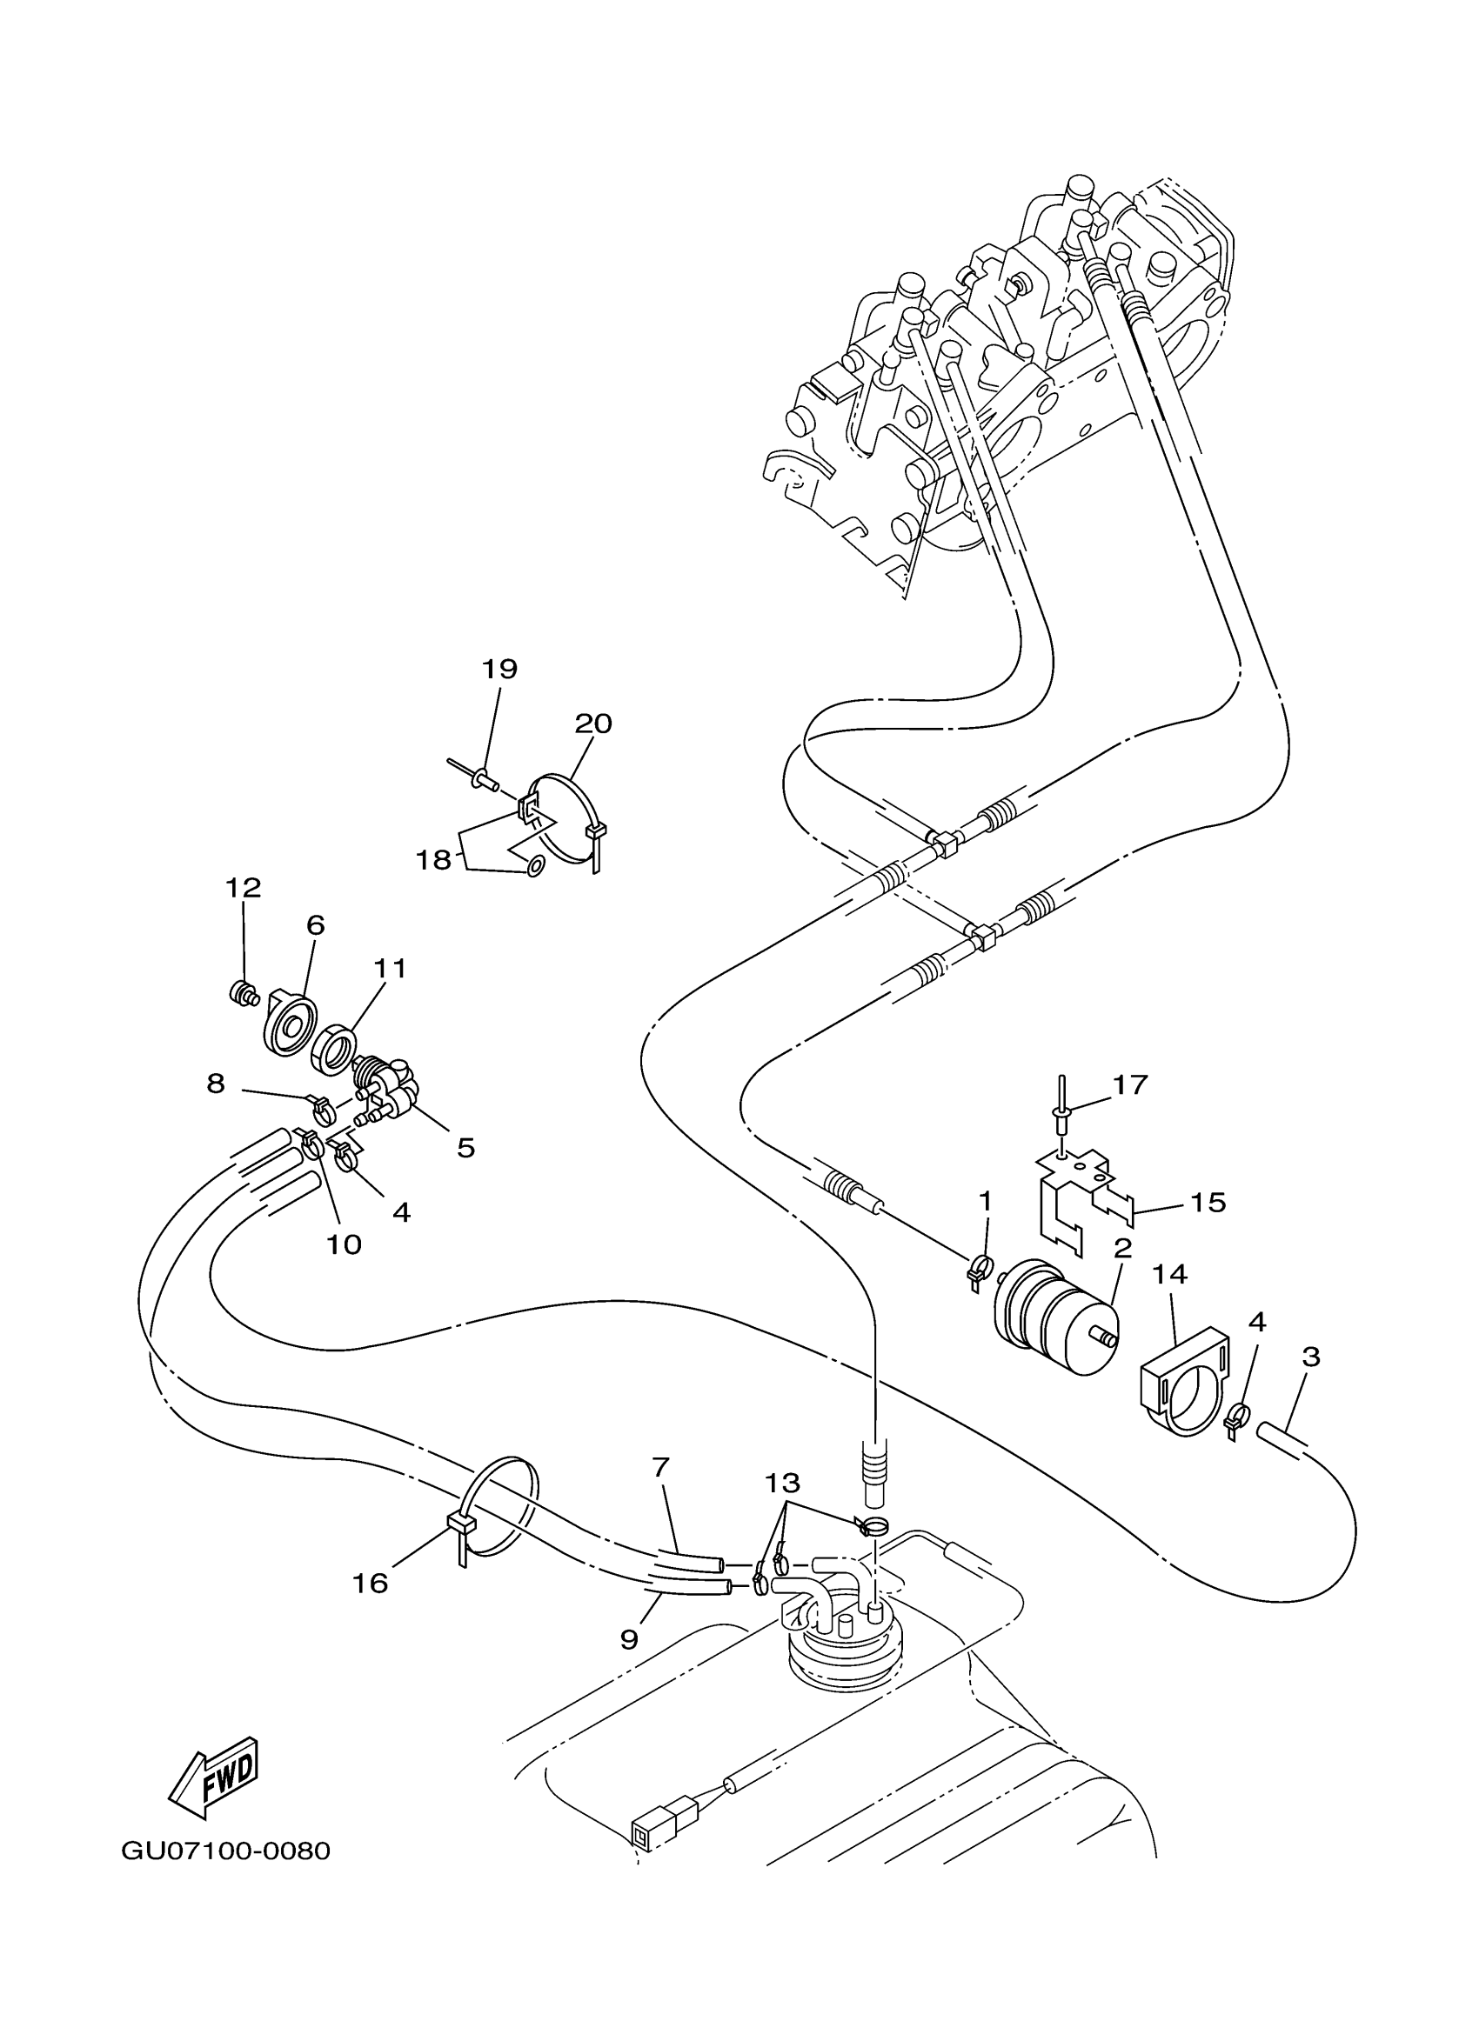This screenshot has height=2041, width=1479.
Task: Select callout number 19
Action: click(x=499, y=669)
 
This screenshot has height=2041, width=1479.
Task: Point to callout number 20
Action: click(x=593, y=724)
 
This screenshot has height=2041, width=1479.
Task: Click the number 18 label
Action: click(x=433, y=860)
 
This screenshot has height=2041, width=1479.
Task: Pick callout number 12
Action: click(x=243, y=887)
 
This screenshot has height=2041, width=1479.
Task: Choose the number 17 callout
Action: click(x=1131, y=1084)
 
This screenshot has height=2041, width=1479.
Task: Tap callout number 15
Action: click(x=1208, y=1203)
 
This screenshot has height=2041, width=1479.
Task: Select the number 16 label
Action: click(x=370, y=1584)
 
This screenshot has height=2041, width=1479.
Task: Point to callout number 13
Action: click(x=782, y=1482)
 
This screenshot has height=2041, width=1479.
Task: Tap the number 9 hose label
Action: click(x=629, y=1638)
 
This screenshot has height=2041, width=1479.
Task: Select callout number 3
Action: click(x=1311, y=1356)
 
